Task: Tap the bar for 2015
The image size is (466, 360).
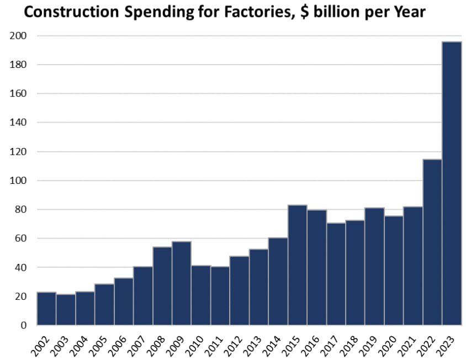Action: pos(297,265)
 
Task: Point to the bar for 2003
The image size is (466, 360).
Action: pos(66,310)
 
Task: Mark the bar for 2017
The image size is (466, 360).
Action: pos(336,274)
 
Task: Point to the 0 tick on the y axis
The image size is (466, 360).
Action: pos(24,325)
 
